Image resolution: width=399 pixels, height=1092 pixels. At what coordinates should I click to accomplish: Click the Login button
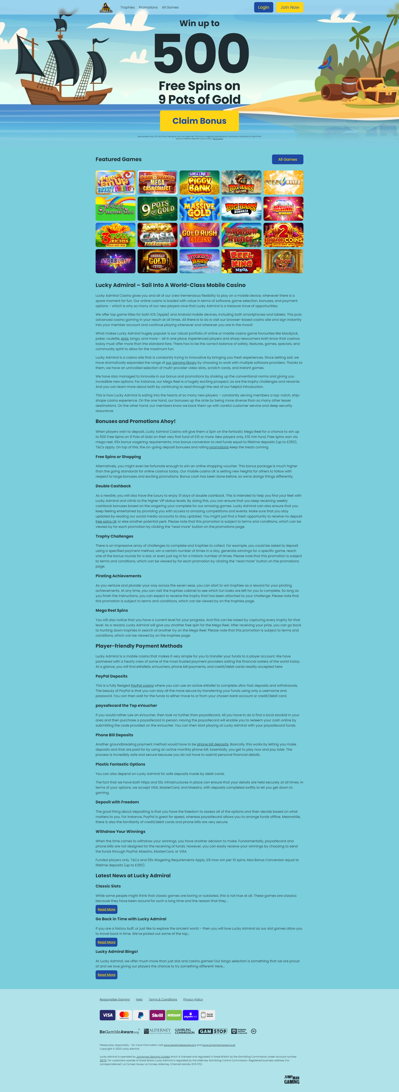pyautogui.click(x=263, y=7)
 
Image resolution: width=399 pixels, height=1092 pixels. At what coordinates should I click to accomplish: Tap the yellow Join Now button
pyautogui.click(x=289, y=7)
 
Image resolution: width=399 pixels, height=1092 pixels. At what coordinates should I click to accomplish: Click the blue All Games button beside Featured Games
pyautogui.click(x=287, y=159)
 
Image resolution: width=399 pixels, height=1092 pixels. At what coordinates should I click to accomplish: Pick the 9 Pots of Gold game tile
pyautogui.click(x=158, y=208)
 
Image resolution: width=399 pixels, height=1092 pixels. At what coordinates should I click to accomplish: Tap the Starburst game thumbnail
pyautogui.click(x=116, y=261)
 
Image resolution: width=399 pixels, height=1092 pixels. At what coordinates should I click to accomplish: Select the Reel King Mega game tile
pyautogui.click(x=241, y=261)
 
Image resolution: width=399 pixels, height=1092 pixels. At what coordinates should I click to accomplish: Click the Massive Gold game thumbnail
pyautogui.click(x=199, y=208)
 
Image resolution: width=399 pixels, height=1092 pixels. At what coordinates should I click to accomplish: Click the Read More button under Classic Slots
pyautogui.click(x=106, y=909)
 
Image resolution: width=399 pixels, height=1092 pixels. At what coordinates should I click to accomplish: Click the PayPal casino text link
pyautogui.click(x=142, y=685)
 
